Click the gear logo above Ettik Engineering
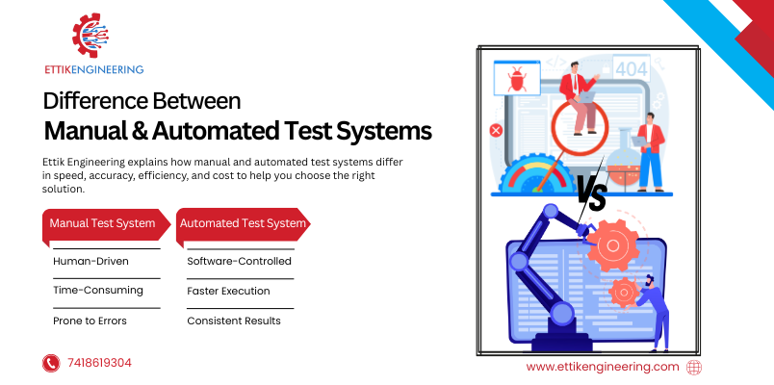point(93,35)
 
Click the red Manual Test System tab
point(103,224)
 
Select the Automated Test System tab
point(243,224)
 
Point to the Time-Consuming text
point(98,291)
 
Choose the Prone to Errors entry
point(90,321)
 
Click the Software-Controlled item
point(239,261)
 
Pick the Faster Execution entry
point(228,291)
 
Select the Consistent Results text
point(234,321)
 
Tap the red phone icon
point(51,363)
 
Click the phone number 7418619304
point(100,363)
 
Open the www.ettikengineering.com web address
point(603,367)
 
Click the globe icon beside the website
point(694,367)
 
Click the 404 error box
point(631,70)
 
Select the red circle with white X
point(496,130)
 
